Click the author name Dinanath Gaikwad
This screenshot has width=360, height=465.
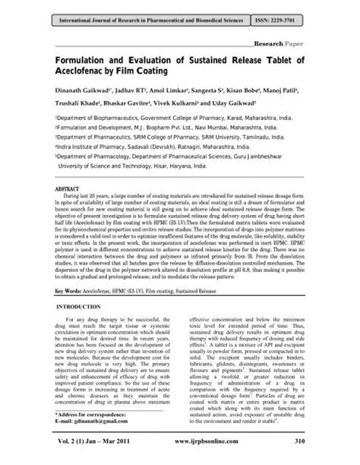pyautogui.click(x=83, y=96)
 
